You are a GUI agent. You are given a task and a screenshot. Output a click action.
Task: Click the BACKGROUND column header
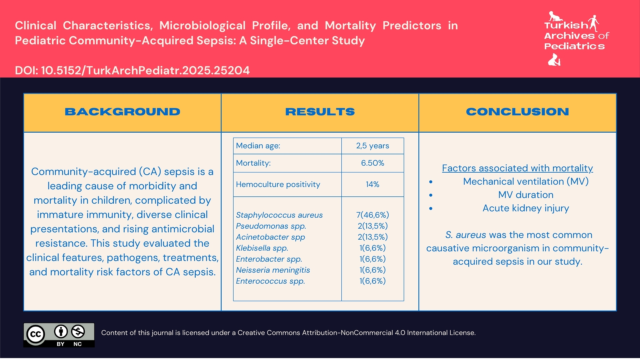pos(122,112)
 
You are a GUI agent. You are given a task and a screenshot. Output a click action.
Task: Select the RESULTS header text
pos(320,112)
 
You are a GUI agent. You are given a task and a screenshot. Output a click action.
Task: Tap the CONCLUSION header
pos(517,112)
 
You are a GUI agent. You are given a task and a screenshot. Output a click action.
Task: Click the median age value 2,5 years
pos(372,146)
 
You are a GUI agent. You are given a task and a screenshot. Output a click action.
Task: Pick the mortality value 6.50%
pos(372,163)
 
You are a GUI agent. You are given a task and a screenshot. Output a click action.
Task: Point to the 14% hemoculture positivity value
pos(372,184)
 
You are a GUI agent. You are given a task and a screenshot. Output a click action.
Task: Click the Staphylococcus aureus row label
pos(279,215)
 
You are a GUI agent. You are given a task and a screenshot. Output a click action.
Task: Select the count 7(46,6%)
pos(372,215)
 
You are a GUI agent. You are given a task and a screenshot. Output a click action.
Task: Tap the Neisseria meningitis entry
pos(273,270)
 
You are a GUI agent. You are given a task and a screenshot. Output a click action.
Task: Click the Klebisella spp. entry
pos(262,248)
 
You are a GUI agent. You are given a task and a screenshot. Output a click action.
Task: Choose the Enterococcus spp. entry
pos(270,281)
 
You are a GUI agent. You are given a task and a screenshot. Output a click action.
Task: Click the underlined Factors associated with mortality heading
pos(517,168)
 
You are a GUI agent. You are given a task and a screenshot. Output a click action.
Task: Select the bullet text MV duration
pos(526,195)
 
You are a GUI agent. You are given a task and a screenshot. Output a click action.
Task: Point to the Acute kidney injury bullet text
pos(526,208)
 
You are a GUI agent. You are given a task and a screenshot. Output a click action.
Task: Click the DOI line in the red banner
pos(132,70)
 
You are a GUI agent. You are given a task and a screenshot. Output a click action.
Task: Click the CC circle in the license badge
pos(36,334)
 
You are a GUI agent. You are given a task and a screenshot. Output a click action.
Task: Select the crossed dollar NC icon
pos(78,332)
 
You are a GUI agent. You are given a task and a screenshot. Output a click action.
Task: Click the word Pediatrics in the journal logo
pos(574,46)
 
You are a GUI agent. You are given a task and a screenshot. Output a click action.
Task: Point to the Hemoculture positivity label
pos(278,184)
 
